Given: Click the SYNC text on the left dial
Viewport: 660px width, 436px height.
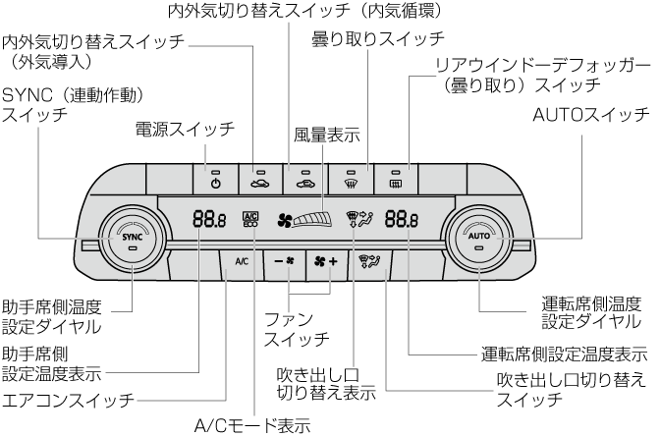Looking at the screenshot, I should coord(133,237).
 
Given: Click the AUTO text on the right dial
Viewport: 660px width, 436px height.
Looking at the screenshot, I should coord(478,237).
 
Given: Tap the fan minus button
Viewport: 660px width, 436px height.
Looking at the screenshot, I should coord(284,262).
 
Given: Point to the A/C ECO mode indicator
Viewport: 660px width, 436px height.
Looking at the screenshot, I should coord(249,219).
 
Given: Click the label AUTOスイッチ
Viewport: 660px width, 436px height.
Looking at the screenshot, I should coord(587,115).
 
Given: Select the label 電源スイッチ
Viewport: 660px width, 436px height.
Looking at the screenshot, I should coord(185,129).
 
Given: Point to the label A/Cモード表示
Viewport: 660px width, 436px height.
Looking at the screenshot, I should coord(252,425).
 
